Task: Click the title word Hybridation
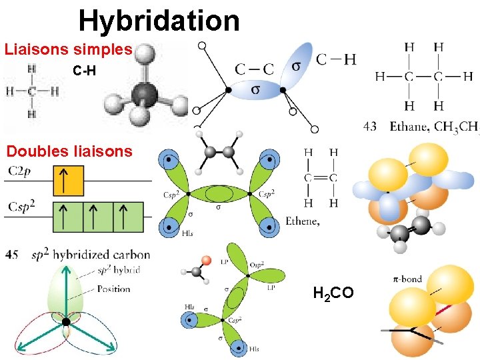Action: point(159,21)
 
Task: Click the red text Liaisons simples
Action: point(69,50)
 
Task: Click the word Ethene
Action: point(302,221)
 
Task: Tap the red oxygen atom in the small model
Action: point(207,259)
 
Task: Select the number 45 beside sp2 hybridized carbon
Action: point(12,255)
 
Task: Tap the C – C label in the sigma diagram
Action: point(254,69)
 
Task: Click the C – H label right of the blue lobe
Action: point(335,60)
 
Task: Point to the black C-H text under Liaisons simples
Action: point(85,70)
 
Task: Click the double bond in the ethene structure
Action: point(320,177)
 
